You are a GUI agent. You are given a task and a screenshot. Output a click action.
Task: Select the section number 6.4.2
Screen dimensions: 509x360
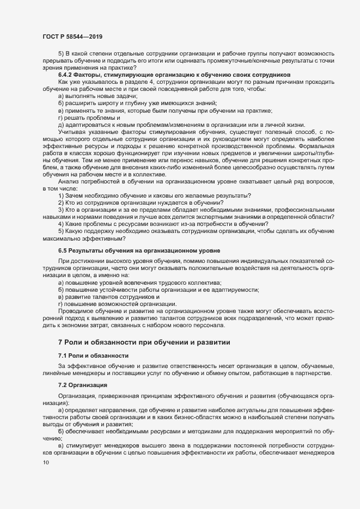(x=68, y=74)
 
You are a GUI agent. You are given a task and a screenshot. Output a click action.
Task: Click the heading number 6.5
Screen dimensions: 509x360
(x=64, y=249)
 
